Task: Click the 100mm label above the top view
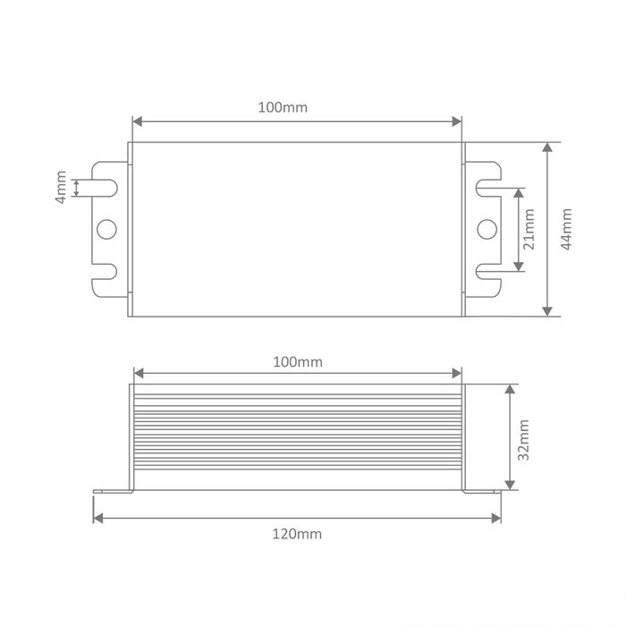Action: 283,107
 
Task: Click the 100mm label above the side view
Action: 298,362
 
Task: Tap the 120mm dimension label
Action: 297,534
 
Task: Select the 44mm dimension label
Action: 566,229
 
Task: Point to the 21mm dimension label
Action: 529,229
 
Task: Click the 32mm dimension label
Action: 523,440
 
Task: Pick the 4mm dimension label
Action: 61,187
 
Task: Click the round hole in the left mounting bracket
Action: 106,229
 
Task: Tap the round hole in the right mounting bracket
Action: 487,229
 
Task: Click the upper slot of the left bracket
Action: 105,188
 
